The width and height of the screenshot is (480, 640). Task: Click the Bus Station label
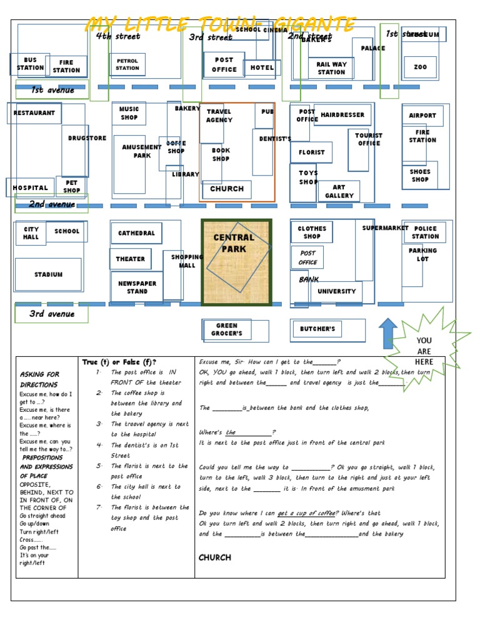click(x=30, y=64)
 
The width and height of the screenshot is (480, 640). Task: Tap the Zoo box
click(x=420, y=67)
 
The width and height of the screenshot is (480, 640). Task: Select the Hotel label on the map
click(x=262, y=67)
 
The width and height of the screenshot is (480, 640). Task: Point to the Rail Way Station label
click(x=331, y=67)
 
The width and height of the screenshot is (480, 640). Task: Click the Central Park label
click(x=234, y=243)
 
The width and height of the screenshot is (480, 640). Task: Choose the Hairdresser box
click(x=342, y=115)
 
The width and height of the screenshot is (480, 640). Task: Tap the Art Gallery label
click(x=339, y=191)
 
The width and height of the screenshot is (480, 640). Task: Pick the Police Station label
click(x=425, y=232)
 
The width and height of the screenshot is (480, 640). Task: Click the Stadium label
click(x=48, y=274)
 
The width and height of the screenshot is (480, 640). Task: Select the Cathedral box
click(x=136, y=233)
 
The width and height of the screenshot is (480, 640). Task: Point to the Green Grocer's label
click(x=227, y=329)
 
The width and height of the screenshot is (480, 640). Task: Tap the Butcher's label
click(x=317, y=329)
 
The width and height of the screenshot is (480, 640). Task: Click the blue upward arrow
click(x=388, y=332)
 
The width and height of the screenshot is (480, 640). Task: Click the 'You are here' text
click(x=424, y=351)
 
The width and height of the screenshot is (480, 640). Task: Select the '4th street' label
click(x=118, y=36)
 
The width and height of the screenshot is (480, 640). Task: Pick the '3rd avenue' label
click(x=52, y=314)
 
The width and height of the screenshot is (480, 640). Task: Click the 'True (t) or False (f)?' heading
click(x=119, y=362)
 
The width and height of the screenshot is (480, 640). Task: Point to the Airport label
click(x=422, y=116)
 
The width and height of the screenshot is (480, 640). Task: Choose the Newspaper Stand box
click(x=137, y=287)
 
